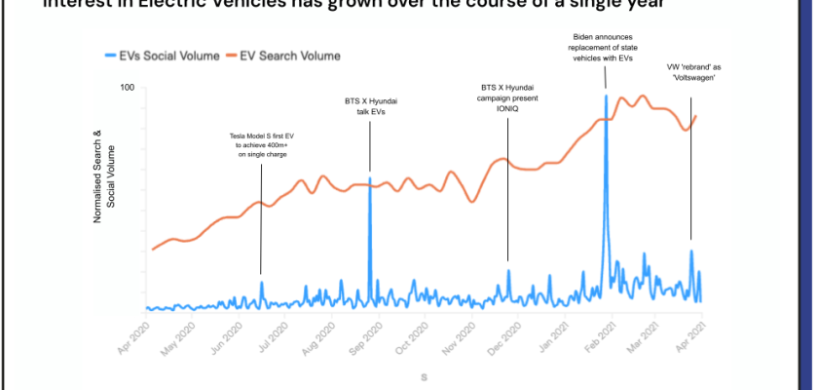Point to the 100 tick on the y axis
[x=127, y=89]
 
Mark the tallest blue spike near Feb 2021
[x=607, y=96]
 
